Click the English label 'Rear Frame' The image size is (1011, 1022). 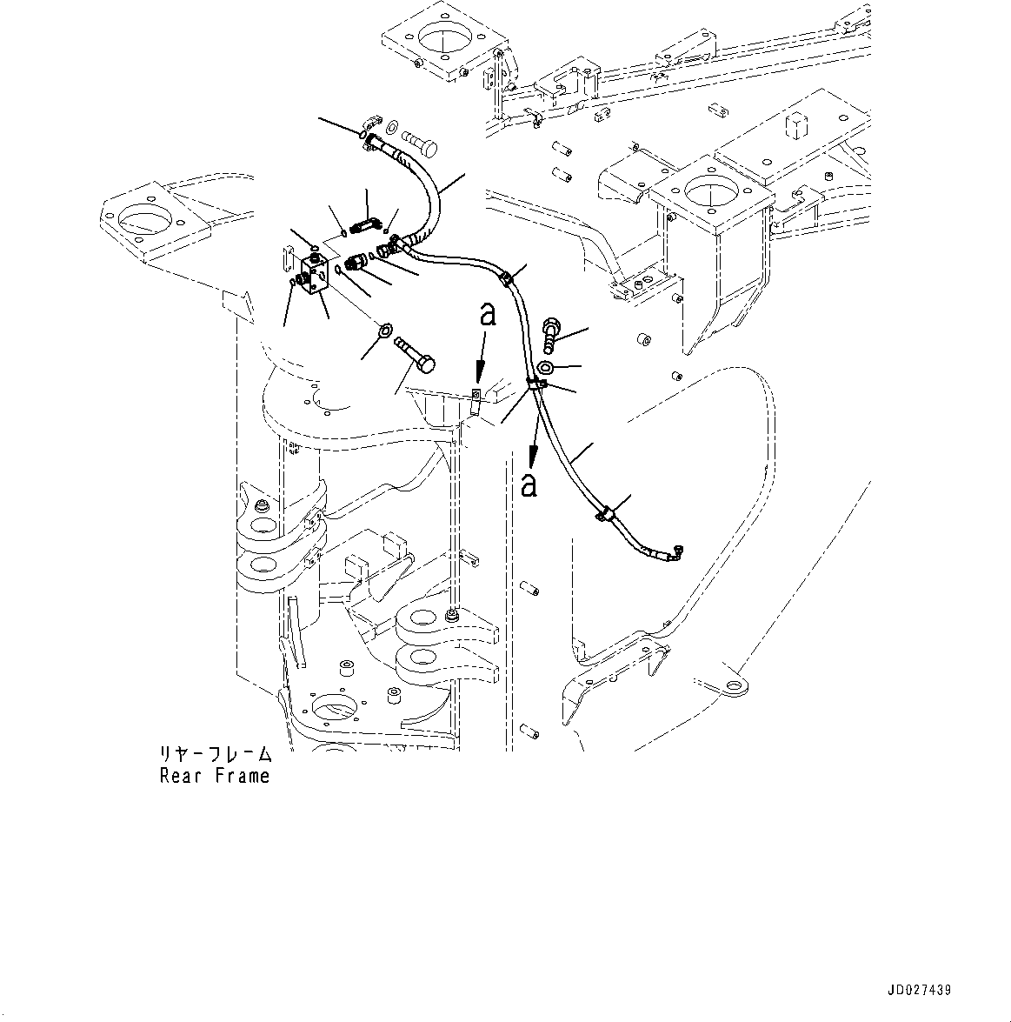click(215, 776)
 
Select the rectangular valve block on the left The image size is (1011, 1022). click(314, 277)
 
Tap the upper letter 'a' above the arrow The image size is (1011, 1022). click(489, 315)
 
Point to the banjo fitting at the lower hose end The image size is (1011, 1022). click(676, 551)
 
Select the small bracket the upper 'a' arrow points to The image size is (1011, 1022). click(476, 399)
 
